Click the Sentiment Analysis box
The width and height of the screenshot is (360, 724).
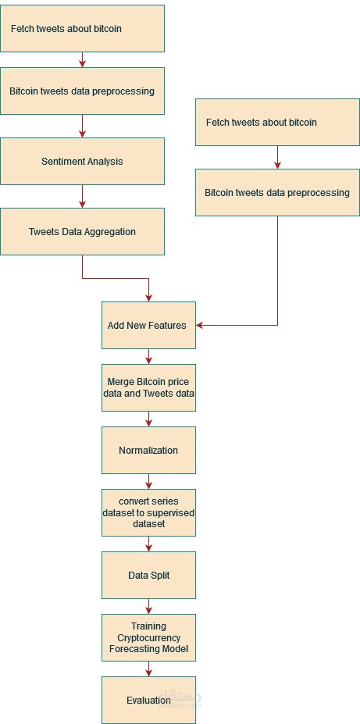click(82, 162)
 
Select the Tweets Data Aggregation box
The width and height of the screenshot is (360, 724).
click(82, 231)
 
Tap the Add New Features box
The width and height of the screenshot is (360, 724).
click(148, 325)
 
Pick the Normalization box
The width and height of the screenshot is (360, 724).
click(148, 450)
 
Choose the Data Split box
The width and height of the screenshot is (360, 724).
click(148, 575)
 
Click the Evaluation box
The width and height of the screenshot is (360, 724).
click(148, 700)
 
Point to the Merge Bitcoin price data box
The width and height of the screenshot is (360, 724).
click(148, 387)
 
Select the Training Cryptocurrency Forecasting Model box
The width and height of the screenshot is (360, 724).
click(148, 637)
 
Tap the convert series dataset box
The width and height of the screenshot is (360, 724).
click(148, 512)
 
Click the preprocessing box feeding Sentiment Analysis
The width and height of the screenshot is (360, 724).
click(82, 91)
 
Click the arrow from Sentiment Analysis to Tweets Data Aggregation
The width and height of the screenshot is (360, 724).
click(82, 196)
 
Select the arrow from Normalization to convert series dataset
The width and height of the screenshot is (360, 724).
click(148, 481)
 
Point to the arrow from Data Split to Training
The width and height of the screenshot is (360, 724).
click(148, 606)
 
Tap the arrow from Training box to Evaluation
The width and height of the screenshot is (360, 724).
click(148, 669)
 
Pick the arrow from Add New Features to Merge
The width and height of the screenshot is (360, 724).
click(148, 356)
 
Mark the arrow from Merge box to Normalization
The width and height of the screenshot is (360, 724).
click(148, 419)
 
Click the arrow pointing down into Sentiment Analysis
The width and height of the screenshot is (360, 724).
click(82, 126)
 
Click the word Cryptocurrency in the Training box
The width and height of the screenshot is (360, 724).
click(148, 637)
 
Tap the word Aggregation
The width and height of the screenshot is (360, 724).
click(108, 231)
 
